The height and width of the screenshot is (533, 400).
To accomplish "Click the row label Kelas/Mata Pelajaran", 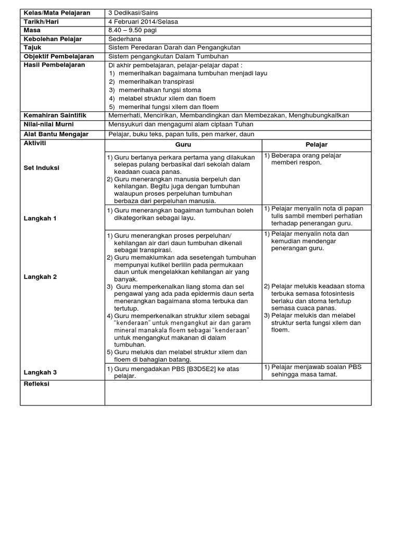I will pyautogui.click(x=57, y=12).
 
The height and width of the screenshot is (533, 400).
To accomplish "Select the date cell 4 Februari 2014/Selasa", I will pyautogui.click(x=143, y=21).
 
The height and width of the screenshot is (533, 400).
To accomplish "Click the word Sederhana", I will pyautogui.click(x=123, y=39).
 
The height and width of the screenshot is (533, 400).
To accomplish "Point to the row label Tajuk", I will pyautogui.click(x=32, y=47).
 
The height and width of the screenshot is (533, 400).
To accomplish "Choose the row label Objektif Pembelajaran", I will pyautogui.click(x=59, y=56).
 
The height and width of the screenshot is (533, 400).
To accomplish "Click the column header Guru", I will pyautogui.click(x=183, y=145).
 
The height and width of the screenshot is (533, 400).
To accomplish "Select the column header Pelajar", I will pyautogui.click(x=316, y=145).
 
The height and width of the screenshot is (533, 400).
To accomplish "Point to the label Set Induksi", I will pyautogui.click(x=42, y=168).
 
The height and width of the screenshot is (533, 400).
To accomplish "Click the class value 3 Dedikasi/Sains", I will pyautogui.click(x=133, y=12).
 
